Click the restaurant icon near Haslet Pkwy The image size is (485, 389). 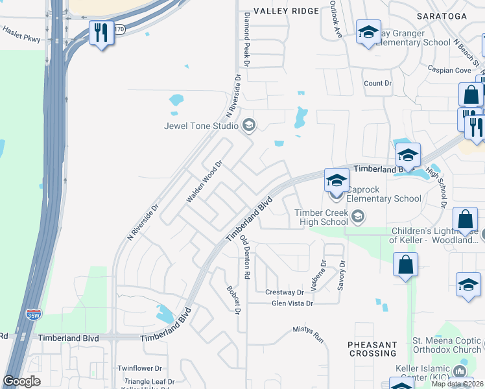tap(101, 33)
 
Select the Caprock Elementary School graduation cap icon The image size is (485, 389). tap(337, 180)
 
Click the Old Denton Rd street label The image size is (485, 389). tap(245, 257)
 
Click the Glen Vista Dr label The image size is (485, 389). tap(292, 303)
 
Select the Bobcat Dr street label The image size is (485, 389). tap(233, 301)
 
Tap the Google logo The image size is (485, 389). tap(21, 381)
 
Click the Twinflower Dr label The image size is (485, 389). tap(139, 368)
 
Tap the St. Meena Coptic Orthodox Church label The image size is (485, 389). tap(447, 345)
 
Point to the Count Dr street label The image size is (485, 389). tap(378, 83)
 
